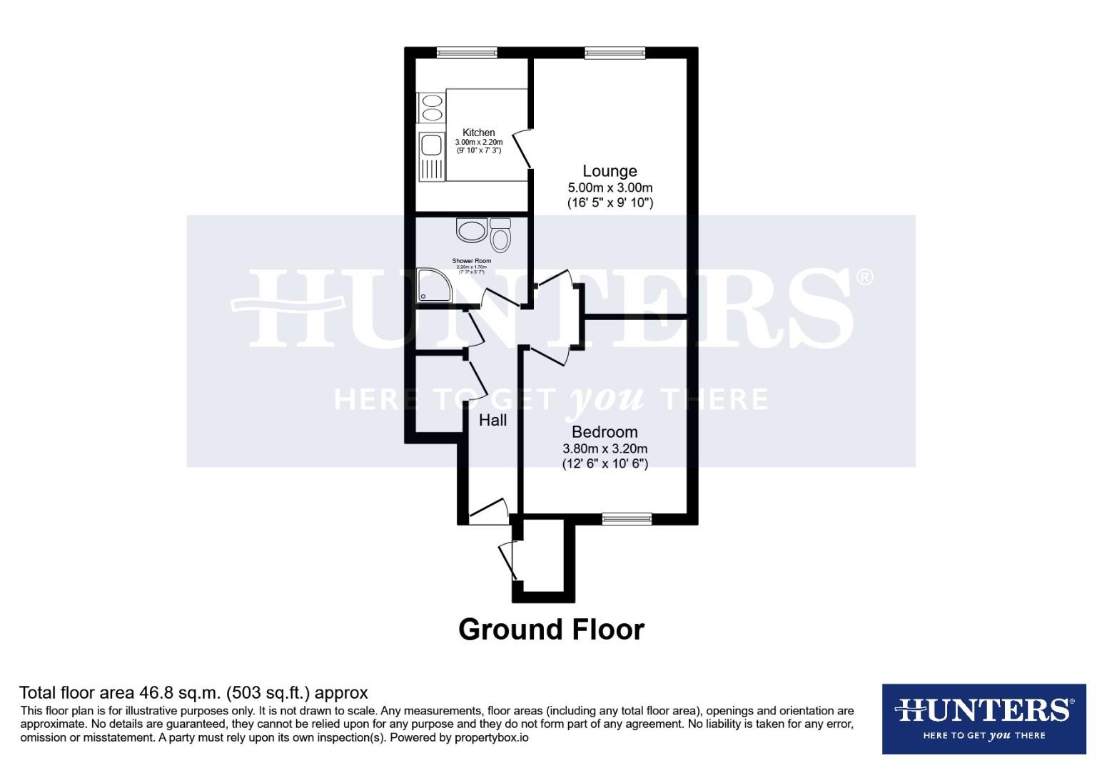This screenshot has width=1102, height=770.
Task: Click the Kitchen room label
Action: coord(478,133)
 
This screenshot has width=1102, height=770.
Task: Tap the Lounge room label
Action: coord(610,171)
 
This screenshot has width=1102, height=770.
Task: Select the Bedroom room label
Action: coord(605,432)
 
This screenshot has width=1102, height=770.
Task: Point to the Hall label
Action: coord(492,421)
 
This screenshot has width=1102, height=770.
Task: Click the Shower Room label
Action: coord(472,261)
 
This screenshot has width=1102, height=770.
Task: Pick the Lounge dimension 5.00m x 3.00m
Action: coord(610,188)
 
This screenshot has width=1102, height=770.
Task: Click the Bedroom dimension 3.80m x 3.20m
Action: coord(605,449)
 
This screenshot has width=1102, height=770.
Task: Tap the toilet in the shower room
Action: coord(501,235)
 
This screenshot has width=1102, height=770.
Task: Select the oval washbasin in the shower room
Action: coord(471,230)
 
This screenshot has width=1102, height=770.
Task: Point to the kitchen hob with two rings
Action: coord(432,108)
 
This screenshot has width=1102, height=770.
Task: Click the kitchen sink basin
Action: coord(430,145)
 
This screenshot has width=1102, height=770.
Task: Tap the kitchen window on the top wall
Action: coord(467,52)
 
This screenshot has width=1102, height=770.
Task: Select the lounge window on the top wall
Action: coord(615,52)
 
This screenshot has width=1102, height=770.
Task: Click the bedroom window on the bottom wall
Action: coord(627,519)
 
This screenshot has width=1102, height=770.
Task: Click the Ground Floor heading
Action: coord(551,630)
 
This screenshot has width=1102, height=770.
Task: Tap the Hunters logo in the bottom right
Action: coord(984,719)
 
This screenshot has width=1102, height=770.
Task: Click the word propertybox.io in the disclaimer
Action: coord(492,738)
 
